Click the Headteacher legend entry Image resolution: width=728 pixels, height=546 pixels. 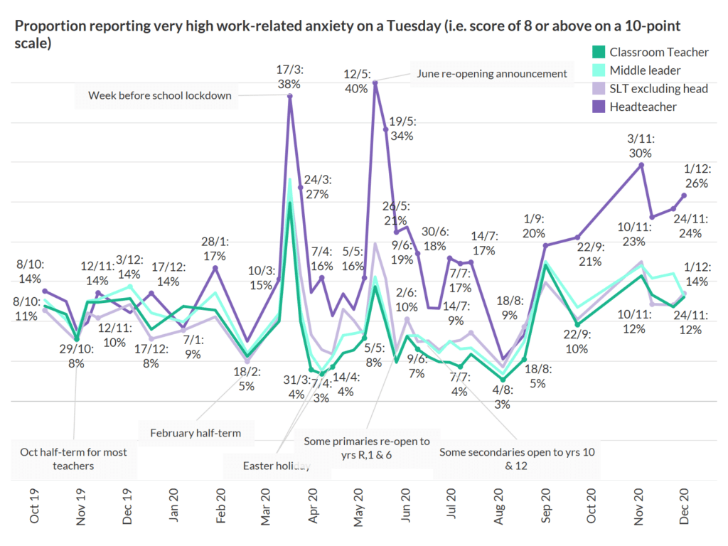[643, 107]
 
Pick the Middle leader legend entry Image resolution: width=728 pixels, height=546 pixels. [644, 70]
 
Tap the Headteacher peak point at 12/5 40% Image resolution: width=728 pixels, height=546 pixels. [375, 83]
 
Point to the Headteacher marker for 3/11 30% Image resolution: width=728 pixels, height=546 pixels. [642, 165]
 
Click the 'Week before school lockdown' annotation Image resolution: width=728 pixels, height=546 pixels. [160, 95]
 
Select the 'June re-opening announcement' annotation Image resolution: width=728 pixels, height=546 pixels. [492, 73]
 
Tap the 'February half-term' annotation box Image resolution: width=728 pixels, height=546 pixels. [196, 432]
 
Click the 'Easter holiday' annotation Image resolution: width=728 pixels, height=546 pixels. [277, 466]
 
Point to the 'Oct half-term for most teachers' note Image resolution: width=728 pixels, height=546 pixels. [73, 459]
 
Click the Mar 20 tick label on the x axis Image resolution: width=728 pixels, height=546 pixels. [267, 507]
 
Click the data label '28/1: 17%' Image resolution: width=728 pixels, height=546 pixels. [215, 248]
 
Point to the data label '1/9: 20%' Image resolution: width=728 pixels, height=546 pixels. [535, 227]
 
